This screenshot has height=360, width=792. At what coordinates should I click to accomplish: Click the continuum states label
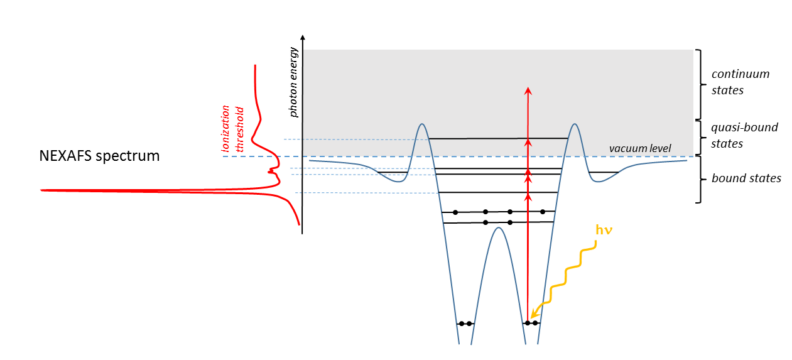point(738,82)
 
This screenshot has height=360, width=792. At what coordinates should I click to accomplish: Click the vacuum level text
point(640,149)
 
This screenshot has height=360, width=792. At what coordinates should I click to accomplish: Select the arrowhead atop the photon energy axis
point(302,37)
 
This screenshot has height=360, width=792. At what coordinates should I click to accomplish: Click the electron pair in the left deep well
point(465,323)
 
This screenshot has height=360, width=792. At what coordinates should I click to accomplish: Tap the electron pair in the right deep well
point(531,323)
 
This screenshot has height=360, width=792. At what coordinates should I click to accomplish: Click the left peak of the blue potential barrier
point(422,126)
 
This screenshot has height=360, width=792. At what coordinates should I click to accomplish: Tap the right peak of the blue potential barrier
point(575,126)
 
